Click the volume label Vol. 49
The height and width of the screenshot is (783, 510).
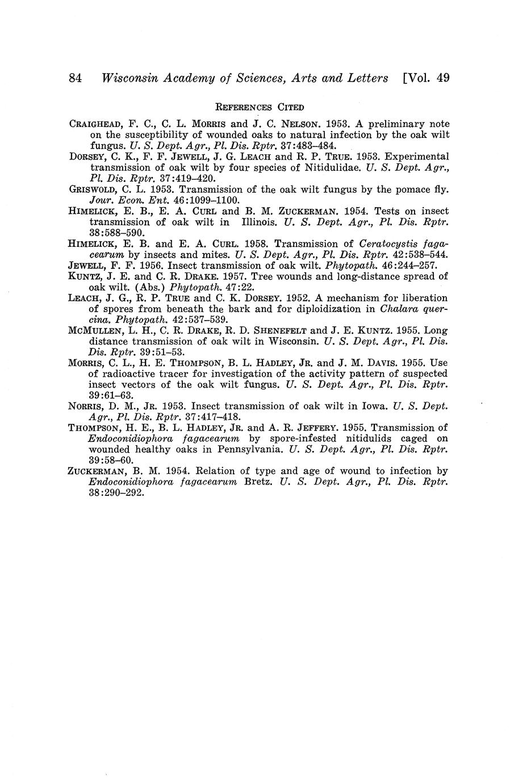click(427, 78)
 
